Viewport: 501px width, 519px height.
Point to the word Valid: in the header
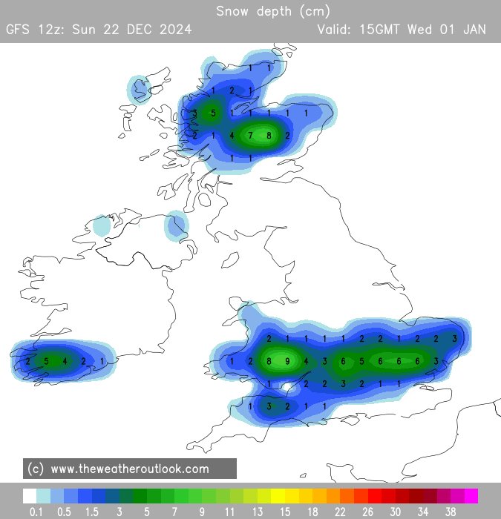click(335, 30)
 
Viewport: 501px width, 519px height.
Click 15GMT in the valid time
click(382, 30)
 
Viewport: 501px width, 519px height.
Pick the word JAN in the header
click(473, 30)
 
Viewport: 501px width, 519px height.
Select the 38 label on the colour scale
click(451, 512)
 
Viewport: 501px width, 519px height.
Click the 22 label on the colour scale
click(340, 512)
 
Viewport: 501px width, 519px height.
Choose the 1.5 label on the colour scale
click(92, 512)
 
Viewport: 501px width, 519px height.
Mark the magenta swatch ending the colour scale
click(471, 496)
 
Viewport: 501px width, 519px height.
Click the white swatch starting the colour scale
click(30, 496)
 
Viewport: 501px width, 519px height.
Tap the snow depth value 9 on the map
click(287, 361)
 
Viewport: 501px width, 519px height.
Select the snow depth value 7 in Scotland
click(251, 136)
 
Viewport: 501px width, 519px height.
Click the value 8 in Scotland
click(269, 136)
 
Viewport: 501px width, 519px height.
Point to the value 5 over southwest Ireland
click(46, 361)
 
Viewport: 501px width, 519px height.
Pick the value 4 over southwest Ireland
click(65, 361)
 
